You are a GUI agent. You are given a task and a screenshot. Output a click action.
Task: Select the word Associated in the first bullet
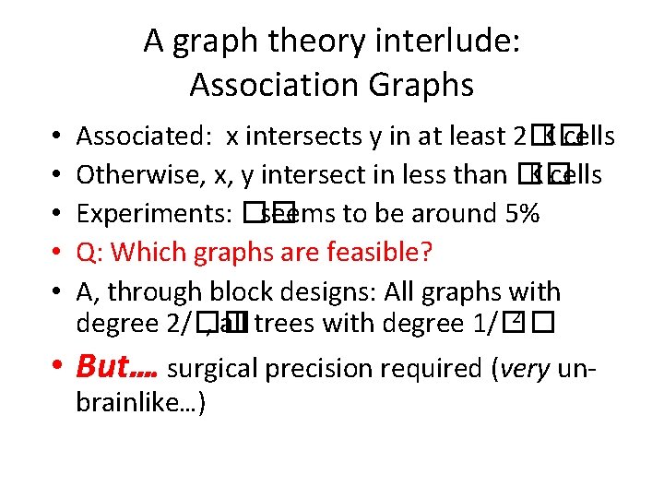pos(147,136)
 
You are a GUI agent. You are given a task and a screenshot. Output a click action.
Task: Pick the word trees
pos(285,324)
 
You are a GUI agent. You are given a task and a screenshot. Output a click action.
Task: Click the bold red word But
pos(106,367)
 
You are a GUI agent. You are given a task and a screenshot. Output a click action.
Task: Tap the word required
pos(433,369)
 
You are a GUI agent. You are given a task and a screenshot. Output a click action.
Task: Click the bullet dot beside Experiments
pos(58,214)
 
